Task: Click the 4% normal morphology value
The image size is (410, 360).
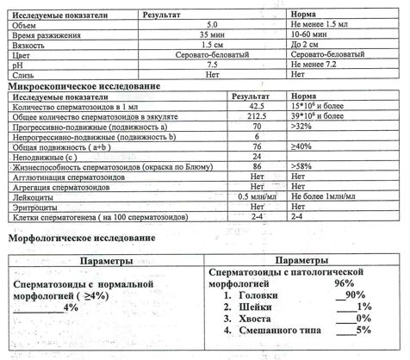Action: pyautogui.click(x=71, y=307)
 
